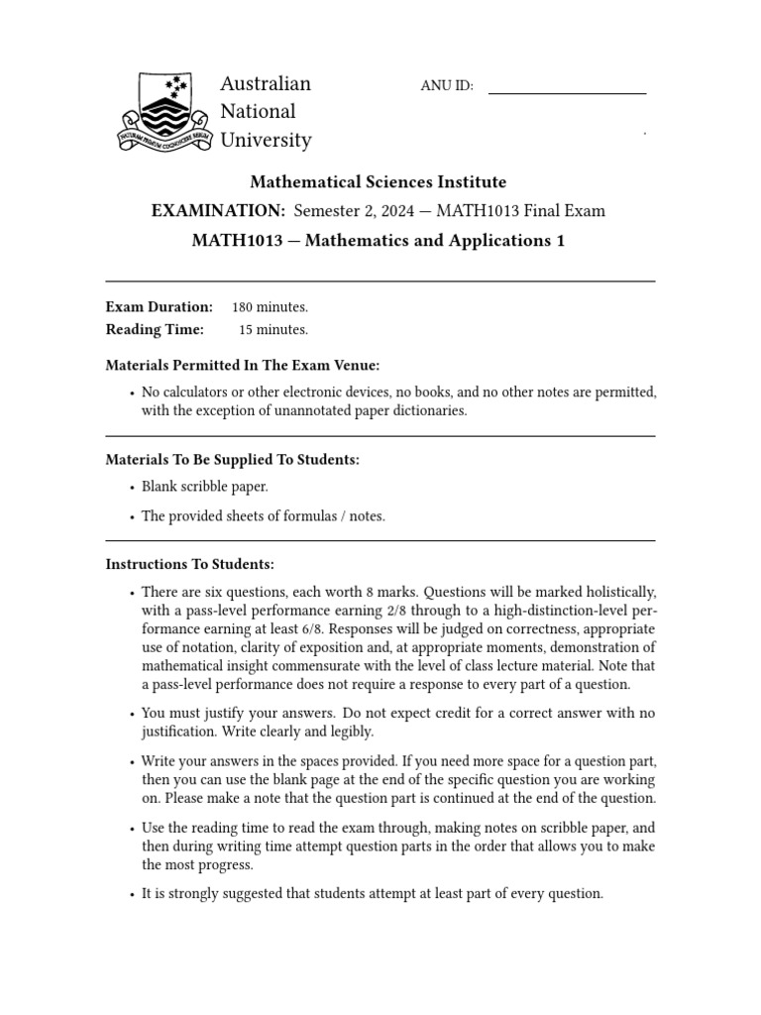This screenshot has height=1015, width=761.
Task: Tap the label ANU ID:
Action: pyautogui.click(x=447, y=86)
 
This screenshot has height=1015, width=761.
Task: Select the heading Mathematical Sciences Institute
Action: pyautogui.click(x=378, y=182)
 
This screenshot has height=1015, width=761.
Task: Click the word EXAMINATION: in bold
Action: pyautogui.click(x=217, y=211)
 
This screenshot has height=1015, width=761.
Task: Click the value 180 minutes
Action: pyautogui.click(x=270, y=307)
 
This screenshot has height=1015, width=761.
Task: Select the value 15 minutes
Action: pyautogui.click(x=272, y=330)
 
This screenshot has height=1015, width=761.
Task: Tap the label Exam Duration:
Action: pyautogui.click(x=159, y=307)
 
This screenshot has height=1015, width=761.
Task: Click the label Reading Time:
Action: pyautogui.click(x=155, y=330)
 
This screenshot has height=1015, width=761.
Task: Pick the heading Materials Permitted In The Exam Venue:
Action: pyautogui.click(x=243, y=366)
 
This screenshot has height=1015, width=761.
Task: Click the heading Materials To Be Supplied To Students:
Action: pyautogui.click(x=232, y=460)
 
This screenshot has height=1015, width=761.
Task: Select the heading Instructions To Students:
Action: pyautogui.click(x=189, y=565)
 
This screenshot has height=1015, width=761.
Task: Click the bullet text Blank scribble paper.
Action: pyautogui.click(x=204, y=488)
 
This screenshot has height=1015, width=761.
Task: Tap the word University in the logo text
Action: pyautogui.click(x=266, y=141)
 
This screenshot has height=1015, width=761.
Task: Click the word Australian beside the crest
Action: pyautogui.click(x=266, y=83)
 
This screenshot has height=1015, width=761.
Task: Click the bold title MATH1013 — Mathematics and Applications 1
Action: pyautogui.click(x=378, y=241)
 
